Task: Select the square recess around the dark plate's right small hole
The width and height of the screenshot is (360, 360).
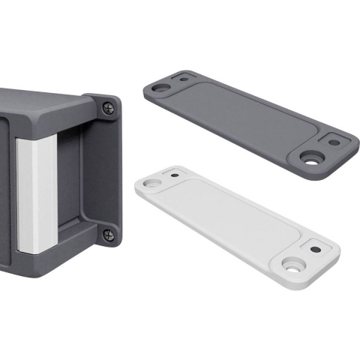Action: coord(334,142)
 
